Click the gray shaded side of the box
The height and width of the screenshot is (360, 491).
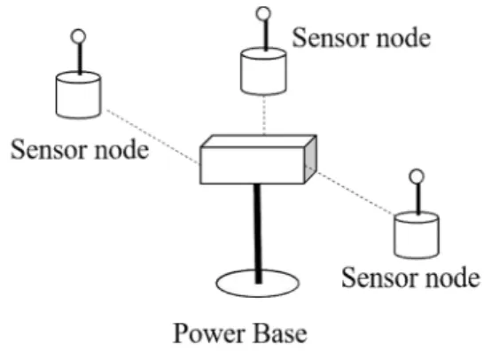click(310, 159)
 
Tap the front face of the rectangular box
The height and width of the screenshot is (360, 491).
click(253, 165)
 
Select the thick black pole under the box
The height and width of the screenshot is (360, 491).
click(257, 233)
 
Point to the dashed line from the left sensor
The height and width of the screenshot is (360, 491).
click(152, 137)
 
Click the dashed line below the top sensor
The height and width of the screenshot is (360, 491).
click(264, 114)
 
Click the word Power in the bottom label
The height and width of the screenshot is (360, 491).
click(210, 333)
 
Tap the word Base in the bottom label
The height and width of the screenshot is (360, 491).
click(280, 333)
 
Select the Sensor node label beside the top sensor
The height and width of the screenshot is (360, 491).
click(362, 38)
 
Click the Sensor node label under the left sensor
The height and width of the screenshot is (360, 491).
click(80, 150)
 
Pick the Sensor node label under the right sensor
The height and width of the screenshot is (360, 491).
click(411, 278)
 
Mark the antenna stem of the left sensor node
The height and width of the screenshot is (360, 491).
click(80, 59)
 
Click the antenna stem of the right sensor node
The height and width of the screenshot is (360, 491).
click(418, 200)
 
